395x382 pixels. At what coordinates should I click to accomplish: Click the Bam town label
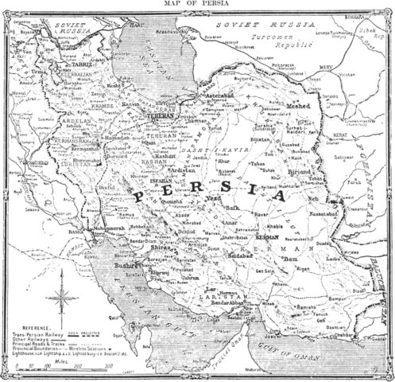click(290, 257)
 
